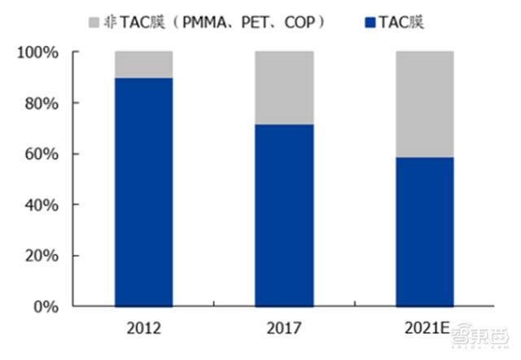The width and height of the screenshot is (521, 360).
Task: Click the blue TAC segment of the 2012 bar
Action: point(143,192)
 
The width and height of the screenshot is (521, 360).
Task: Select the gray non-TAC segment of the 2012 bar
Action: point(143,64)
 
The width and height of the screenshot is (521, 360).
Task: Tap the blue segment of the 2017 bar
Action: point(284,215)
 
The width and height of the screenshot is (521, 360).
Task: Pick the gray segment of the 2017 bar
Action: point(284,87)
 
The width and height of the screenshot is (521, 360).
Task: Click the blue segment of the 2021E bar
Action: point(424,231)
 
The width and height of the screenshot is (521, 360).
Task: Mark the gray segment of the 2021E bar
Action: point(424,104)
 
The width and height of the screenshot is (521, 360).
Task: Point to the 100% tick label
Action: point(37,53)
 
